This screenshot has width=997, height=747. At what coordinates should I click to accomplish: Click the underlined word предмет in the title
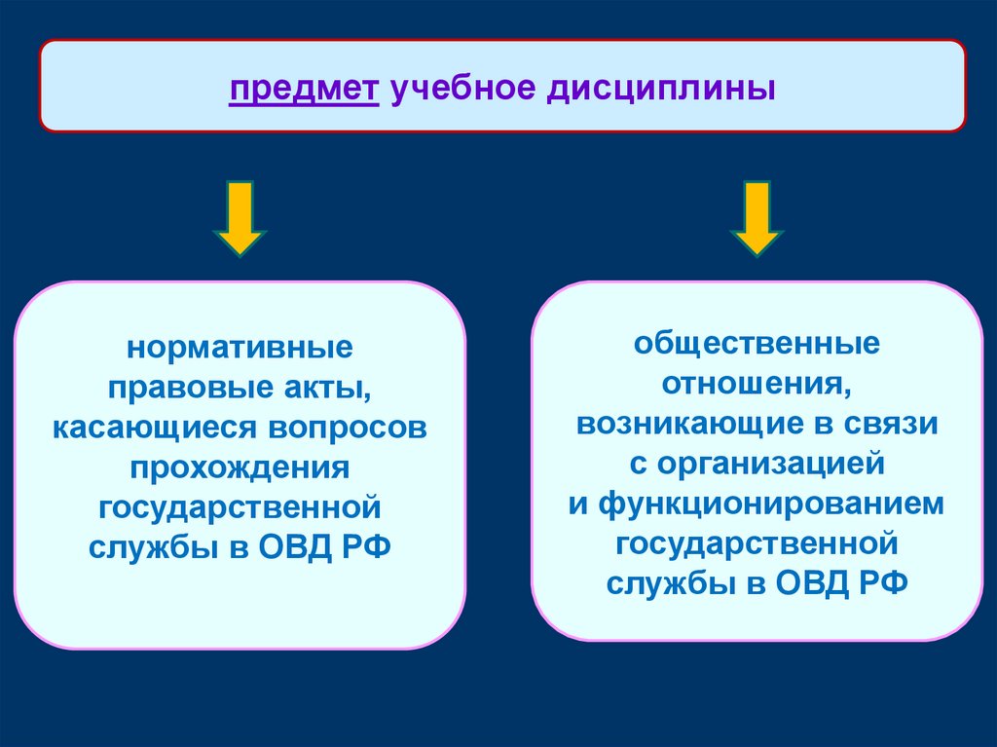click(304, 91)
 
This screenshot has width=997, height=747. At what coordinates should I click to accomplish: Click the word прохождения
click(240, 467)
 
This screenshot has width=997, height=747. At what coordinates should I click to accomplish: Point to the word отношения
click(757, 384)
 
